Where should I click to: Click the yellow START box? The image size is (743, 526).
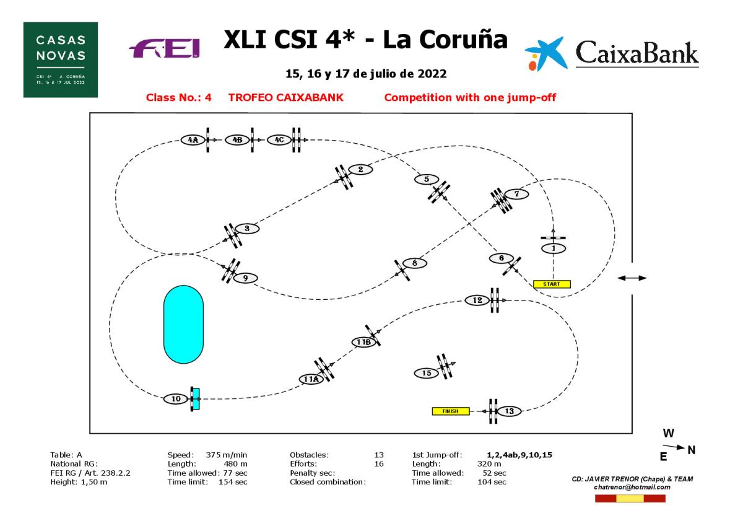[551, 284]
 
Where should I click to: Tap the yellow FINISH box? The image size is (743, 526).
[450, 411]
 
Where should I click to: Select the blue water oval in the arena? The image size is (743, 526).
[183, 324]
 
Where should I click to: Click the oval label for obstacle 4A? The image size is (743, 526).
[193, 140]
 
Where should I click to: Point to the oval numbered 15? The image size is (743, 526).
[427, 373]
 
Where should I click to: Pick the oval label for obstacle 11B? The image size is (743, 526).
[363, 342]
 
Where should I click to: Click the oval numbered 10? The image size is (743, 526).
[176, 399]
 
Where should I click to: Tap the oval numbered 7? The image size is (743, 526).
[516, 194]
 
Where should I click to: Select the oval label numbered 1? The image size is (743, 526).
[554, 248]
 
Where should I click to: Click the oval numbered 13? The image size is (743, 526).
[509, 411]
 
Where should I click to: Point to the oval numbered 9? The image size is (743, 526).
[245, 278]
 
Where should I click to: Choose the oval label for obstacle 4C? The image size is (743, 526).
[279, 140]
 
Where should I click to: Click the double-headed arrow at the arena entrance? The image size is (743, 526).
[632, 278]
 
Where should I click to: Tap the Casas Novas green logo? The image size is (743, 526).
[61, 59]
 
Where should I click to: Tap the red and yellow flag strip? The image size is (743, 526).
[630, 498]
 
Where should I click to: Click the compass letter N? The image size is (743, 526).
[692, 450]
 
